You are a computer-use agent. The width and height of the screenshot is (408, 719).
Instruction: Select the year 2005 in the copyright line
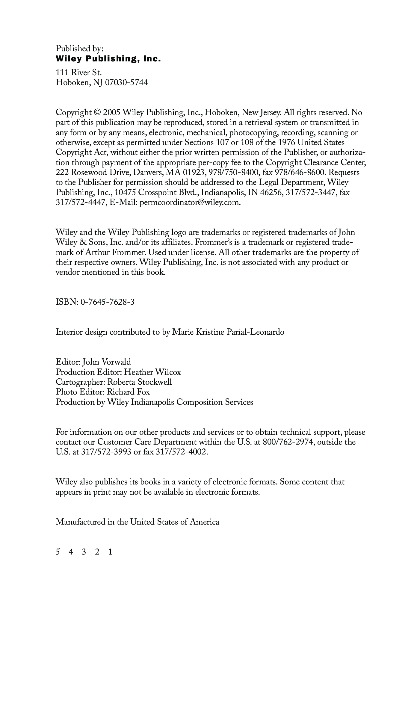(112, 113)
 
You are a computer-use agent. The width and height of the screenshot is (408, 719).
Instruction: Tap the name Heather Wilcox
(152, 372)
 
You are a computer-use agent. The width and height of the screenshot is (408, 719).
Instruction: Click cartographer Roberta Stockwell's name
(140, 382)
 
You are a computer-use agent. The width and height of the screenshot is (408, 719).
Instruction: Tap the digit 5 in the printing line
(58, 552)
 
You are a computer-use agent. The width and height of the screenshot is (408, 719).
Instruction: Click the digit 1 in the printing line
(110, 552)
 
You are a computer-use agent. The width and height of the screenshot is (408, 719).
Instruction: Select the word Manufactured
(81, 522)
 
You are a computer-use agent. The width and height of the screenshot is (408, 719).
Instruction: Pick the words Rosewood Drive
(100, 173)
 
